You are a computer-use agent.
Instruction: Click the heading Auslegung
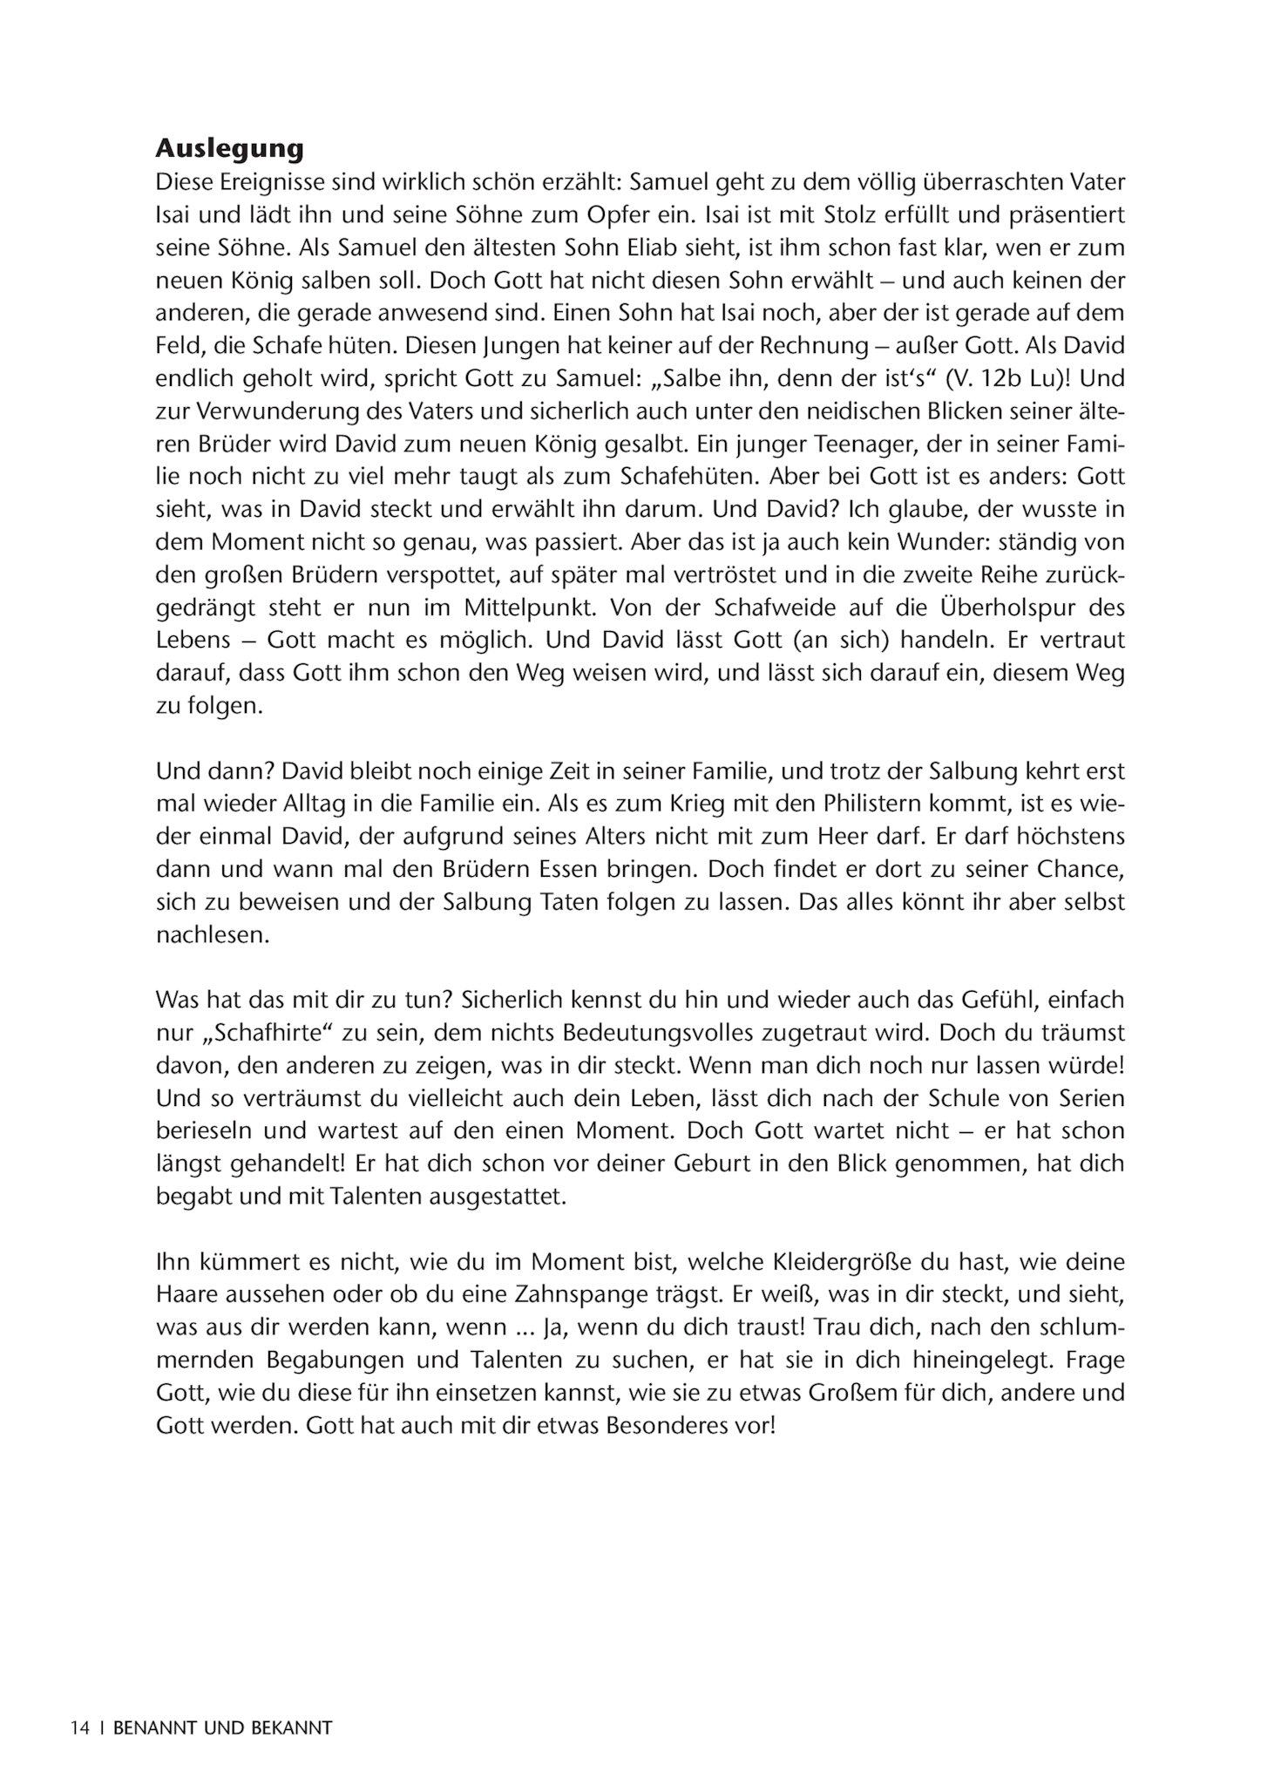[229, 149]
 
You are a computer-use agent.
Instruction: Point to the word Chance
[1081, 869]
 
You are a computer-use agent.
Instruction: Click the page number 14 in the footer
[81, 1727]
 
